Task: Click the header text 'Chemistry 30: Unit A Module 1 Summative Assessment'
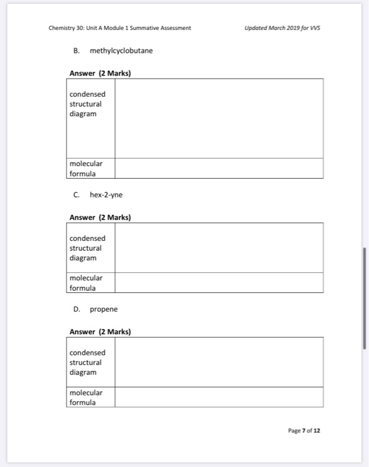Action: pyautogui.click(x=120, y=28)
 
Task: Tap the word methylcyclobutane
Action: pyautogui.click(x=121, y=51)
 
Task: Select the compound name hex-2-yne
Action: pyautogui.click(x=106, y=195)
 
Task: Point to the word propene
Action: pyautogui.click(x=103, y=310)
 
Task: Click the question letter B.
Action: pyautogui.click(x=76, y=51)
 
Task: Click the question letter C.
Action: pyautogui.click(x=77, y=195)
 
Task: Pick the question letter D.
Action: pyautogui.click(x=77, y=310)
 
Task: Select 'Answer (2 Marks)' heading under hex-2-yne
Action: pyautogui.click(x=100, y=217)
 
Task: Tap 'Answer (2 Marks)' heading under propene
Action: pyautogui.click(x=100, y=332)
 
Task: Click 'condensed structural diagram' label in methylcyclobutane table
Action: pyautogui.click(x=87, y=104)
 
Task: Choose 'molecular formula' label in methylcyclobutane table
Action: pyautogui.click(x=86, y=168)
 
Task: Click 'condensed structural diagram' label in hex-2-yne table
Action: pyautogui.click(x=87, y=248)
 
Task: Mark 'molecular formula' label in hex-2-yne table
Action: pyautogui.click(x=86, y=282)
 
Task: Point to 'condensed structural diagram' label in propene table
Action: pyautogui.click(x=87, y=362)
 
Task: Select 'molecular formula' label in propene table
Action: pyautogui.click(x=86, y=397)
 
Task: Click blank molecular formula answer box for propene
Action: pyautogui.click(x=219, y=397)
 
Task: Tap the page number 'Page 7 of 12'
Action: pyautogui.click(x=304, y=430)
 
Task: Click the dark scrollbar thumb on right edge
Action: pyautogui.click(x=364, y=298)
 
